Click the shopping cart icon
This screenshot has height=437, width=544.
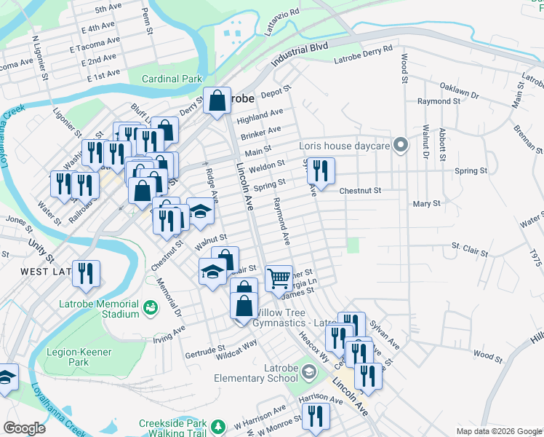point(279,277)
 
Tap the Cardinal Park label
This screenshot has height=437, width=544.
point(171,78)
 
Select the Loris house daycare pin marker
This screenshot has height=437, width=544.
point(399,145)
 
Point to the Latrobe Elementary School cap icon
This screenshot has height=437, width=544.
point(309,373)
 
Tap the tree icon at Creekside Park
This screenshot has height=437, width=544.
point(216,425)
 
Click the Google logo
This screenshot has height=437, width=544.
point(25,428)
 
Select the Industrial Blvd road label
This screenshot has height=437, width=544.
point(300,54)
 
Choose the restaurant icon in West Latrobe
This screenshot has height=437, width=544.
point(86,273)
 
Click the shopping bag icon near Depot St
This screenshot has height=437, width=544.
point(217,101)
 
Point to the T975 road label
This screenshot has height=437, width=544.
point(536,258)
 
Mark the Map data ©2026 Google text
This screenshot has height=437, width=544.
point(498,431)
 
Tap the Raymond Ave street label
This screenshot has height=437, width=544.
point(281,222)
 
